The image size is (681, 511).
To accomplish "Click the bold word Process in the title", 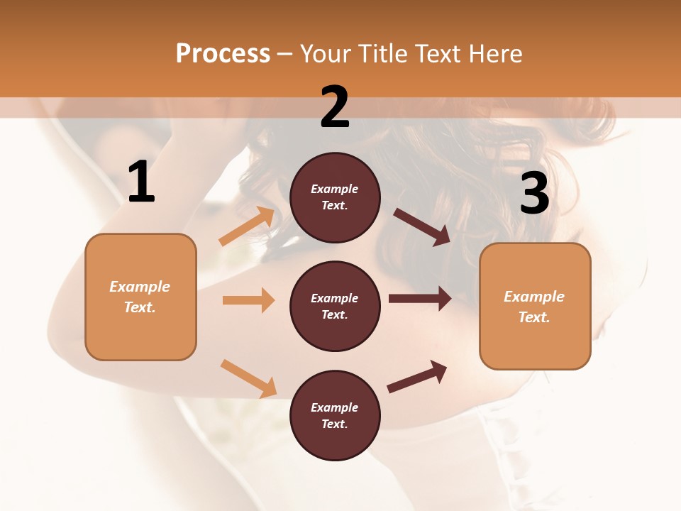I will [x=223, y=53].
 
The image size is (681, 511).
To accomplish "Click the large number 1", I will [x=141, y=182].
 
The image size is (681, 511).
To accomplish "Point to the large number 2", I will [x=335, y=107].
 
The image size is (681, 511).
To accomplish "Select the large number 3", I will [x=534, y=193].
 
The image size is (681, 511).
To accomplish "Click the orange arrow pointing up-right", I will [x=247, y=226].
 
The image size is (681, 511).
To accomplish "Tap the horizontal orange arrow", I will [x=248, y=300].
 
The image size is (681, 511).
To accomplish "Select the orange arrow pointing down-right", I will [x=248, y=378].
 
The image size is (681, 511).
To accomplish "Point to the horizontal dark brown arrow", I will [x=420, y=299].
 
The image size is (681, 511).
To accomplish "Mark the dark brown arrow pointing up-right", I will [x=417, y=376].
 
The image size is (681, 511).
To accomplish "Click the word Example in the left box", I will [x=140, y=287].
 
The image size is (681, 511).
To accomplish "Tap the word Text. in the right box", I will [x=534, y=317].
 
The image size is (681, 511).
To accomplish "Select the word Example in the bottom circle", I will [x=335, y=407].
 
